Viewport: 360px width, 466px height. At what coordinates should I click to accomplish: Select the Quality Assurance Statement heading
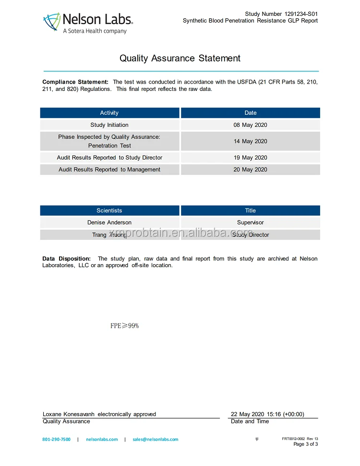point(180,58)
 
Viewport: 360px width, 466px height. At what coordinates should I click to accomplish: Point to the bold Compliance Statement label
point(75,82)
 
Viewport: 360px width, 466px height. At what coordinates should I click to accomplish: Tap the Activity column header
point(109,113)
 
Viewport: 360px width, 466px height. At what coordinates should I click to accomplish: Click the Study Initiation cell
point(109,125)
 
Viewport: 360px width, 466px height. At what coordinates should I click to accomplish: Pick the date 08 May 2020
point(250,125)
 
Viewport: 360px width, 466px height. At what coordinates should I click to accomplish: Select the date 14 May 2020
point(250,141)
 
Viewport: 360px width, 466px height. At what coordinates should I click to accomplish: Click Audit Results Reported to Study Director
point(109,158)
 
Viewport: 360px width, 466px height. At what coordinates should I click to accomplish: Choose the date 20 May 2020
point(250,170)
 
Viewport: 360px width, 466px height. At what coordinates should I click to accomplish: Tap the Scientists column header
point(109,210)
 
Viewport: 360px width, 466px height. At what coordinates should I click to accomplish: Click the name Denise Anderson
point(109,222)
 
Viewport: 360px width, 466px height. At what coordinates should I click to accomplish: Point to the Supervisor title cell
point(250,222)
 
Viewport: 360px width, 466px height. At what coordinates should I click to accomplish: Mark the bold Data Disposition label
point(66,258)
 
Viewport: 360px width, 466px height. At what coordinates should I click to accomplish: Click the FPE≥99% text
point(124,326)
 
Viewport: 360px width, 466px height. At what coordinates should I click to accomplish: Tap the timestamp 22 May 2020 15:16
point(267,414)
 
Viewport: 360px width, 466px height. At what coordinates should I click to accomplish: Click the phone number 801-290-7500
point(56,439)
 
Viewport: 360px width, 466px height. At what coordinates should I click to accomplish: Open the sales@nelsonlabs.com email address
point(155,439)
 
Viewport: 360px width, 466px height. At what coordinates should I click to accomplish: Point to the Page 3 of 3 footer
point(305,444)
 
